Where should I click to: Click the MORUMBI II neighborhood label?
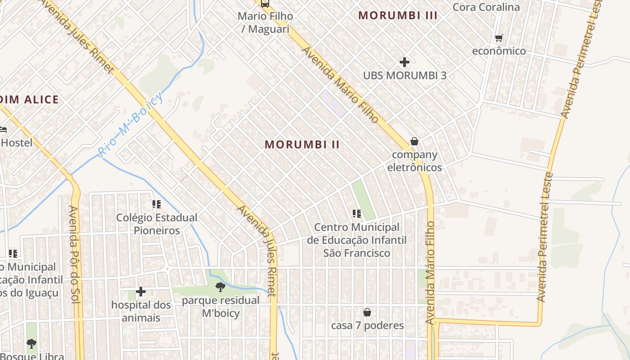coord(302,144)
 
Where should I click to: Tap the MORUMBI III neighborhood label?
coord(398,15)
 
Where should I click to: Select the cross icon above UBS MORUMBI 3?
coord(405,62)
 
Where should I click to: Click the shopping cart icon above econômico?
coord(499,38)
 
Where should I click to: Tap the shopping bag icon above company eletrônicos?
coord(414,142)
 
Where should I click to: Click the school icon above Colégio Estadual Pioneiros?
coord(157,204)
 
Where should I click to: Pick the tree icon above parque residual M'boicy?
coord(220,287)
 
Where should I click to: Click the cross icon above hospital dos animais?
coord(141,292)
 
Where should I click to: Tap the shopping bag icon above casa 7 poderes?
coord(367,312)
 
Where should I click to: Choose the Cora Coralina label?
coord(486,7)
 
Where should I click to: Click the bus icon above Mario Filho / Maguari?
coord(265,4)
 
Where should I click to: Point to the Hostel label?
coord(17,143)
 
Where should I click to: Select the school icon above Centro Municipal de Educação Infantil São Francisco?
coord(357,214)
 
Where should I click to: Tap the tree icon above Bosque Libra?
coord(31,344)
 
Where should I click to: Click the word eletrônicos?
coord(414,167)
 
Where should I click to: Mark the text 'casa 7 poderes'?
coord(367,325)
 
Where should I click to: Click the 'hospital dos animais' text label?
coord(141,311)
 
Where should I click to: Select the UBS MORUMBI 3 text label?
coord(405,75)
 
